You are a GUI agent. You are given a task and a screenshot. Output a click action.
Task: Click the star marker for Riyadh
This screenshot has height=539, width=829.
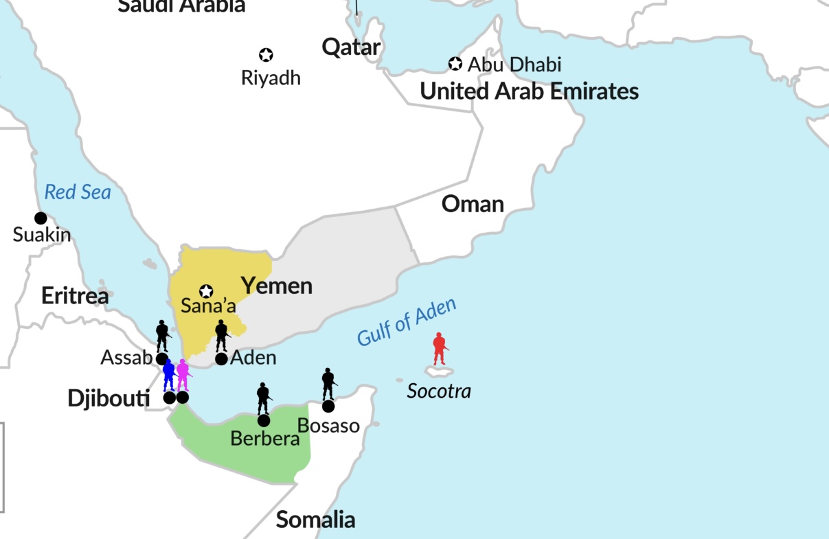tap(266, 55)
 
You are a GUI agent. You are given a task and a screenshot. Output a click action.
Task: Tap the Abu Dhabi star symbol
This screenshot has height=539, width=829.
tap(455, 64)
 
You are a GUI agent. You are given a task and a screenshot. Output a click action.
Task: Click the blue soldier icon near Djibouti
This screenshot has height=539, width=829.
tap(169, 376)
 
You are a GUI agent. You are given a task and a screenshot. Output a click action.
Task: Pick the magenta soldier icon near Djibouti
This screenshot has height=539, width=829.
tap(183, 376)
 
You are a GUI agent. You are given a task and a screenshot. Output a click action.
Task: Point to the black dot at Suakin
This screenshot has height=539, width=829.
tap(41, 218)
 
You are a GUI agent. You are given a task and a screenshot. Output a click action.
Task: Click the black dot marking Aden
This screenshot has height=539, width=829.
tap(221, 358)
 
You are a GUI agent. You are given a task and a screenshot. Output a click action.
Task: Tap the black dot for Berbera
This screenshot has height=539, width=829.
tap(264, 420)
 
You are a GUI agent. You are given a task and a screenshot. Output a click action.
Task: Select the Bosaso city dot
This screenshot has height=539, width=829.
tap(328, 406)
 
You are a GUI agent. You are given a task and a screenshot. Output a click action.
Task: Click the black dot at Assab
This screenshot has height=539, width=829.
tap(162, 358)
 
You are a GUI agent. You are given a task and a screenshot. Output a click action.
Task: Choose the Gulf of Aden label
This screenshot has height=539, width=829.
tap(407, 323)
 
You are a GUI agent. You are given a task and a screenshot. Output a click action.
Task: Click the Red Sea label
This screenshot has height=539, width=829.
tap(78, 192)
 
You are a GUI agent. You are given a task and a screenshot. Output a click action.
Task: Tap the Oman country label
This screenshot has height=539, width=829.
tap(473, 204)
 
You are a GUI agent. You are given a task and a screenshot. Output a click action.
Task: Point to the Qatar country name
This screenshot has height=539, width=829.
tap(351, 47)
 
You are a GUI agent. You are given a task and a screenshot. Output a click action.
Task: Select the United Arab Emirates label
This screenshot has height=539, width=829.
tap(529, 91)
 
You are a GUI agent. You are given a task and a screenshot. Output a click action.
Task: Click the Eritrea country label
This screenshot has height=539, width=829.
tap(75, 296)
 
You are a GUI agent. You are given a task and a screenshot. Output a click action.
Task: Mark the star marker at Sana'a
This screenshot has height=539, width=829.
tap(206, 291)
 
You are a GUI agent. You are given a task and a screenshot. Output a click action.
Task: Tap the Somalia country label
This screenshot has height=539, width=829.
tap(315, 520)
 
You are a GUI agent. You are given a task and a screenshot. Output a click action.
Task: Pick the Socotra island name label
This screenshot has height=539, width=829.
tap(439, 391)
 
